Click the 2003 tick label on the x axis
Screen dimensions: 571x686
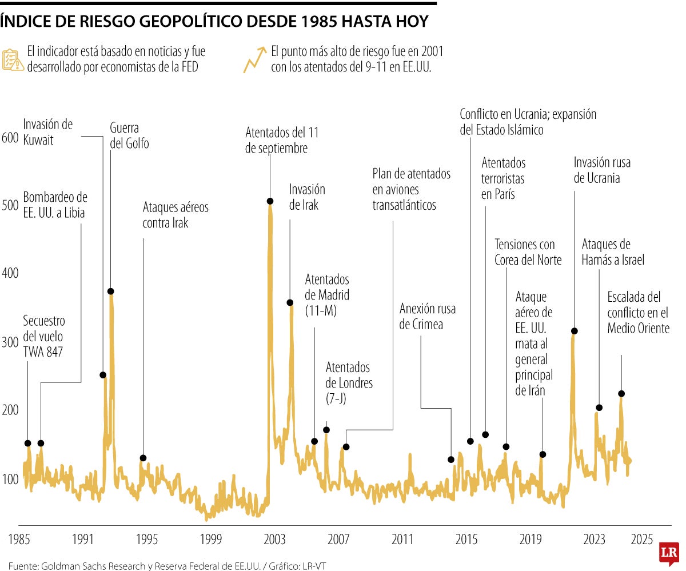coord(275,539)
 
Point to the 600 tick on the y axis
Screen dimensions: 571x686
coord(11,138)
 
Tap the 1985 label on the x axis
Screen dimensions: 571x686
coord(19,539)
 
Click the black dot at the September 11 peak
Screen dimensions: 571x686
coord(270,201)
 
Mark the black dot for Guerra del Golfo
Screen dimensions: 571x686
coord(111,292)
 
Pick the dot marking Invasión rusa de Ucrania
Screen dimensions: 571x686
coord(575,331)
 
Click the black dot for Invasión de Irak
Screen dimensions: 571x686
coord(290,302)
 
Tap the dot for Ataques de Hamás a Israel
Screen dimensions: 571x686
coord(599,408)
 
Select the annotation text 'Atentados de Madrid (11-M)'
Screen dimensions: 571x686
coord(327,296)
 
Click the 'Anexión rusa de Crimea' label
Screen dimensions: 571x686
coord(428,317)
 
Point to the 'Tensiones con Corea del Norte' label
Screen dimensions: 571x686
coord(528,252)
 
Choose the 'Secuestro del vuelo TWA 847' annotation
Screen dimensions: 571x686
coord(43,337)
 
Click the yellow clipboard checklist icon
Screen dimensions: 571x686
coord(13,59)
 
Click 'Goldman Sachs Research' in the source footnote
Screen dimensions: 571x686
coord(86,566)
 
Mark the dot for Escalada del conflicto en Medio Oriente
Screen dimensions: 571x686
coord(621,394)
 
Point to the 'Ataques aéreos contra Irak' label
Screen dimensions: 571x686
coord(175,215)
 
